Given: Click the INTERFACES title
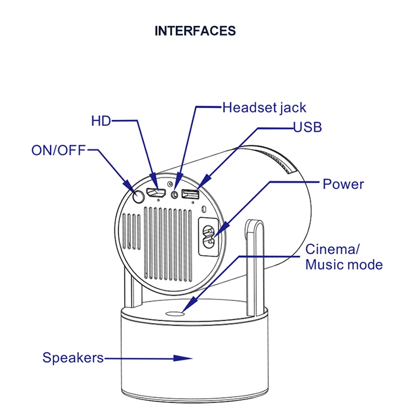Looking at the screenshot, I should tap(195, 31).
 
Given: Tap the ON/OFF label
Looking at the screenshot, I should tap(59, 151).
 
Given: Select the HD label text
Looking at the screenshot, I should tap(101, 121).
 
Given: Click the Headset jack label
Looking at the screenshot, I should tap(264, 108).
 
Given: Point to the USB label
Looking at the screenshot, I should tap(308, 128).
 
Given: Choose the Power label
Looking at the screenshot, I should tap(343, 184).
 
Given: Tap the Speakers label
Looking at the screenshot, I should tap(73, 358).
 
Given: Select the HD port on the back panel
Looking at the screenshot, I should tap(156, 193).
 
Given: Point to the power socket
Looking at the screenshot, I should tap(208, 236).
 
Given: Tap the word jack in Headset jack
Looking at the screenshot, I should tap(293, 108).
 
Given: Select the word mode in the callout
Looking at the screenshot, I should tap(365, 265).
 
